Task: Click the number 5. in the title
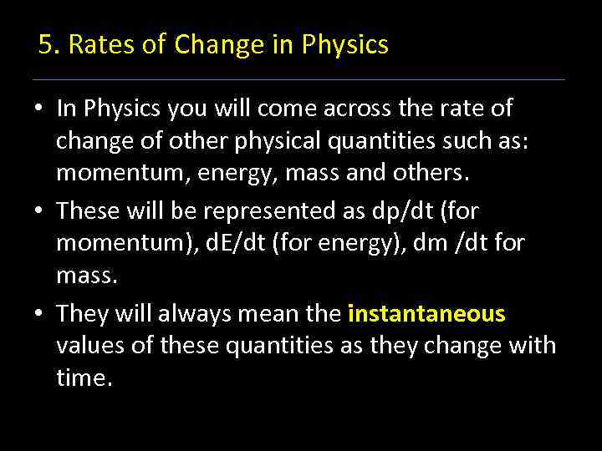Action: tap(48, 45)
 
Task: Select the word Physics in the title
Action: tap(346, 45)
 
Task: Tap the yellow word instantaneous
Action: tap(426, 314)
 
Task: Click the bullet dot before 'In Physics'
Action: tap(39, 109)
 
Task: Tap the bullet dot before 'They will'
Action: tap(39, 315)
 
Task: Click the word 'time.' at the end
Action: tap(84, 378)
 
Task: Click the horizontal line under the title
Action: tap(298, 80)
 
